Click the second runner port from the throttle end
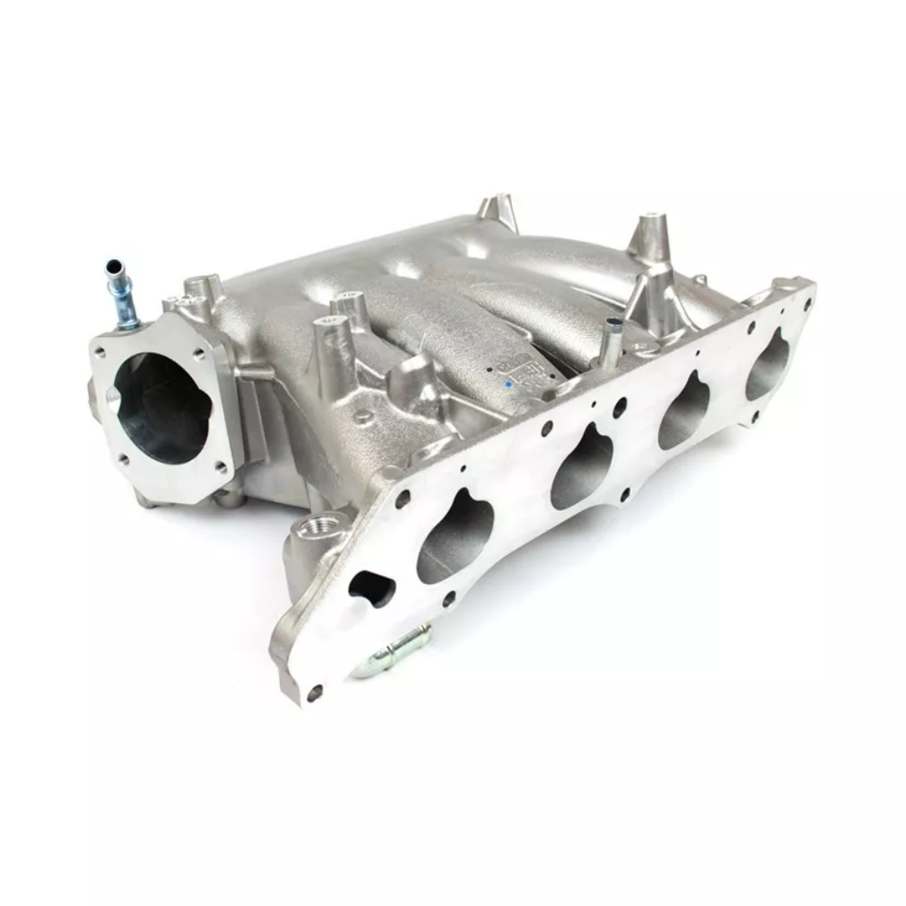pyautogui.click(x=584, y=467)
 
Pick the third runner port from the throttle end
pyautogui.click(x=686, y=411)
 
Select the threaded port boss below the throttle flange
pyautogui.click(x=323, y=525)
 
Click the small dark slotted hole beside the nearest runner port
pyautogui.click(x=371, y=589)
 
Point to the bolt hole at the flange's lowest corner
pyautogui.click(x=313, y=694)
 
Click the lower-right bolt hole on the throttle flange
pyautogui.click(x=220, y=468)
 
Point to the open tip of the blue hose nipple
pyautogui.click(x=114, y=266)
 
